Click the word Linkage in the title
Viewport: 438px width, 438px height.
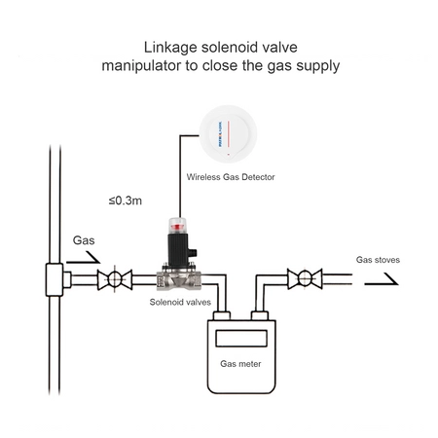170,48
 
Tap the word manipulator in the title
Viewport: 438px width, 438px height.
141,66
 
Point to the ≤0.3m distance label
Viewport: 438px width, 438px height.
126,201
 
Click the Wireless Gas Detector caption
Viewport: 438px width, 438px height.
231,177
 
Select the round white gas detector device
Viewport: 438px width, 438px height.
228,134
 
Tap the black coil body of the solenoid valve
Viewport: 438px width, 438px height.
178,249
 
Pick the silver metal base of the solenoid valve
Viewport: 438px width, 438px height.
179,279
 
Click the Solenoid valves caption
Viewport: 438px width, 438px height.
180,303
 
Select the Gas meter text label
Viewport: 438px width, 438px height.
240,364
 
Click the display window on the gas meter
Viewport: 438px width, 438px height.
241,339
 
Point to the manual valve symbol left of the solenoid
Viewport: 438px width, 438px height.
115,279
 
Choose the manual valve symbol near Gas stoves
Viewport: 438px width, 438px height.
305,278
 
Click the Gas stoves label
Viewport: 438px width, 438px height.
378,260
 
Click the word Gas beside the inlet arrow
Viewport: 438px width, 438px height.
84,240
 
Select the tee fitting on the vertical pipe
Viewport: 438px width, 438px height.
55,279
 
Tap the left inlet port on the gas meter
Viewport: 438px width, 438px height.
222,316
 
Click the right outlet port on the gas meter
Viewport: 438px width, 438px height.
260,316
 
